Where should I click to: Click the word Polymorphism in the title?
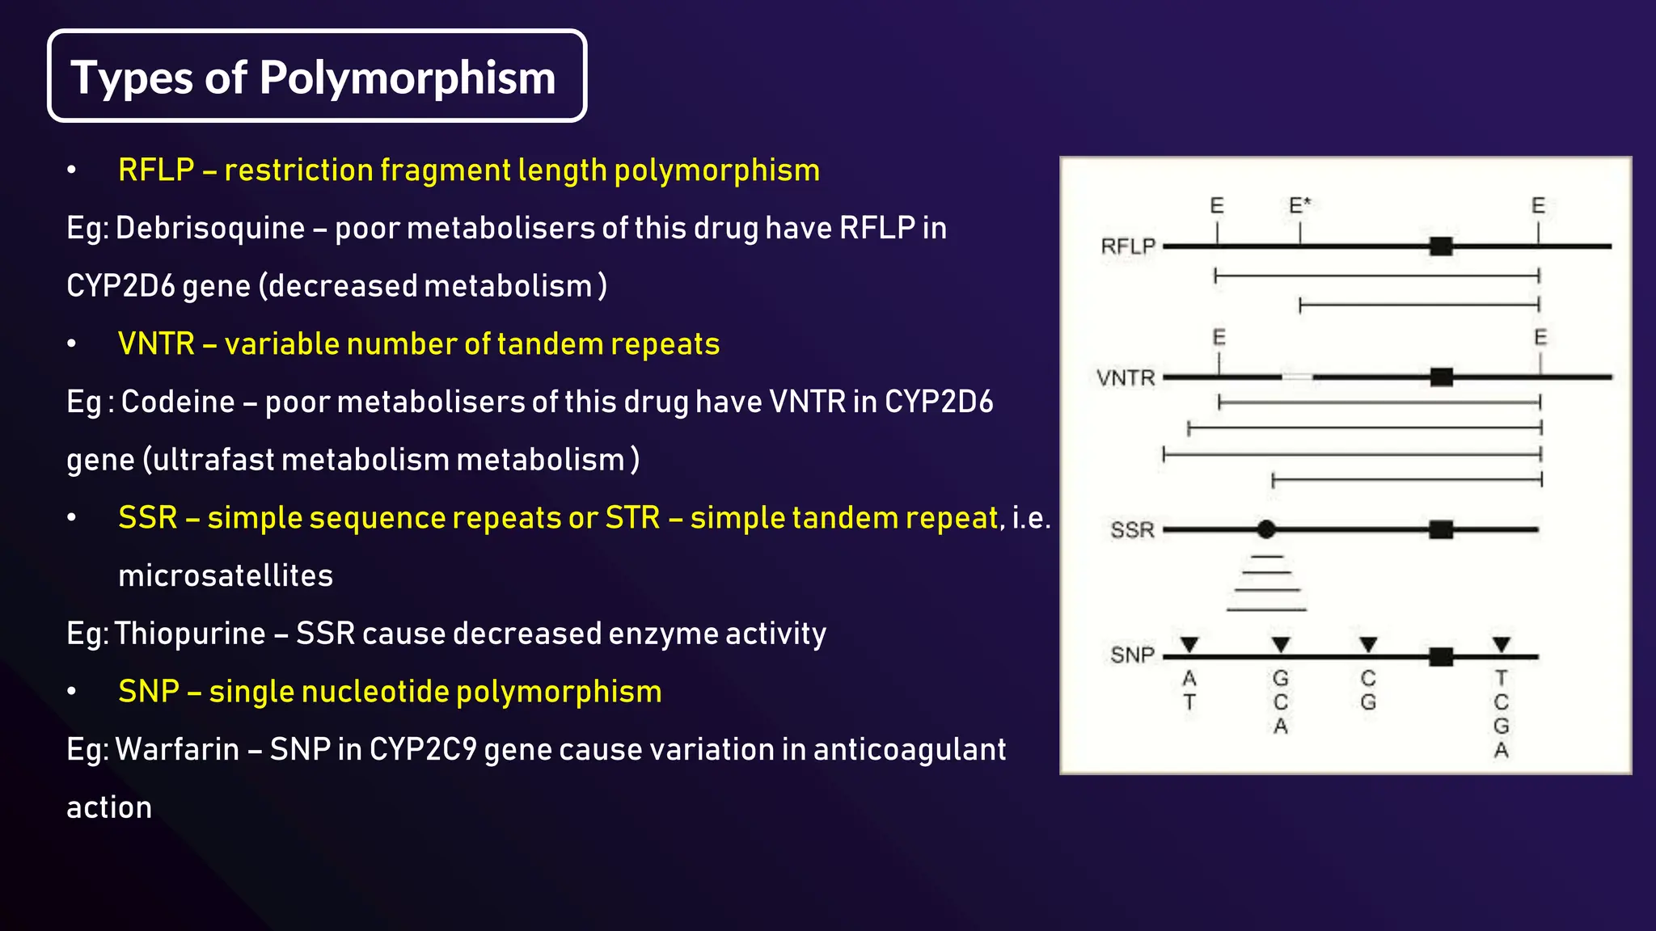tap(408, 78)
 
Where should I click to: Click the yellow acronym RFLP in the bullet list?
tap(156, 171)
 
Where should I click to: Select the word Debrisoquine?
tap(209, 229)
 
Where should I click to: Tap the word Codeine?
tap(177, 402)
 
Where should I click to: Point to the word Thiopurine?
tap(190, 634)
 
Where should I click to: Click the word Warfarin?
tap(177, 750)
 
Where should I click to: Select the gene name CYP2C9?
tap(423, 750)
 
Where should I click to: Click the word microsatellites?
tap(226, 576)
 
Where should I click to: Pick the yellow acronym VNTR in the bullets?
tap(156, 344)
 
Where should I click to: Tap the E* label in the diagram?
tap(1299, 205)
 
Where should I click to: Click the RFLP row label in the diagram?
tap(1128, 246)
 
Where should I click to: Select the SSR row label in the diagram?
tap(1132, 530)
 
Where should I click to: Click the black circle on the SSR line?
tap(1266, 529)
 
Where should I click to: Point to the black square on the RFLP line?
tap(1441, 246)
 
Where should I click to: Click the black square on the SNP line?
tap(1441, 656)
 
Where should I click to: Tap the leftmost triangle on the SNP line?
tap(1189, 644)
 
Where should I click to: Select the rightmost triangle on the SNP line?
tap(1502, 644)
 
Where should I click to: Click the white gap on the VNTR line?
tap(1297, 377)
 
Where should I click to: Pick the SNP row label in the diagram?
tap(1132, 655)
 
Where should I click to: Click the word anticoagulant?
tap(910, 750)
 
